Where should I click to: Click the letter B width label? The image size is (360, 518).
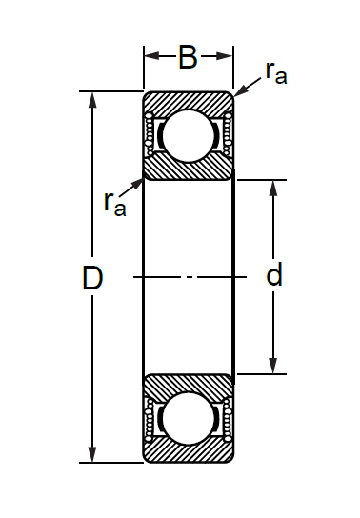coord(188,57)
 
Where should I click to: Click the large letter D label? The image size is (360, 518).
coord(92,278)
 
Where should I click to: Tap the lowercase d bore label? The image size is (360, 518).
coord(274,274)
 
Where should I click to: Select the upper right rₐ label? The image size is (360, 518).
coord(276,72)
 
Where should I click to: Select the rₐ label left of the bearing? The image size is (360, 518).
coord(114,204)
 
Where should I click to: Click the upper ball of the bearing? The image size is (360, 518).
coord(189,136)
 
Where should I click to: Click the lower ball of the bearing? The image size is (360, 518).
coord(189,418)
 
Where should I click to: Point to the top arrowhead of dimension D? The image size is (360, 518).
coord(92,100)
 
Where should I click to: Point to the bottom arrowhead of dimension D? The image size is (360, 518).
coord(92,454)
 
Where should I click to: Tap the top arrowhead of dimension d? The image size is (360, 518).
coord(272,189)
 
